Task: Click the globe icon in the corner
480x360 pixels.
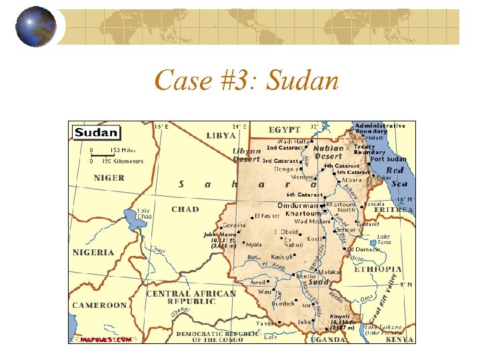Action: (36, 27)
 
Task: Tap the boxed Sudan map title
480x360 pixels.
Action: (97, 132)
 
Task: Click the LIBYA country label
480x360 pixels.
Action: (221, 135)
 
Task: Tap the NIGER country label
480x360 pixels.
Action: (109, 178)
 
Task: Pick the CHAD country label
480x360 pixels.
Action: (185, 209)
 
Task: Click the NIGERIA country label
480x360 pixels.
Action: (93, 253)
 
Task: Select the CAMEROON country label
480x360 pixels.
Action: (99, 305)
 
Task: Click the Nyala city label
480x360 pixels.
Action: (254, 245)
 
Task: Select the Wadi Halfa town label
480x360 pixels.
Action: (293, 141)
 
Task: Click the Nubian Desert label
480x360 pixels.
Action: (328, 152)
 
